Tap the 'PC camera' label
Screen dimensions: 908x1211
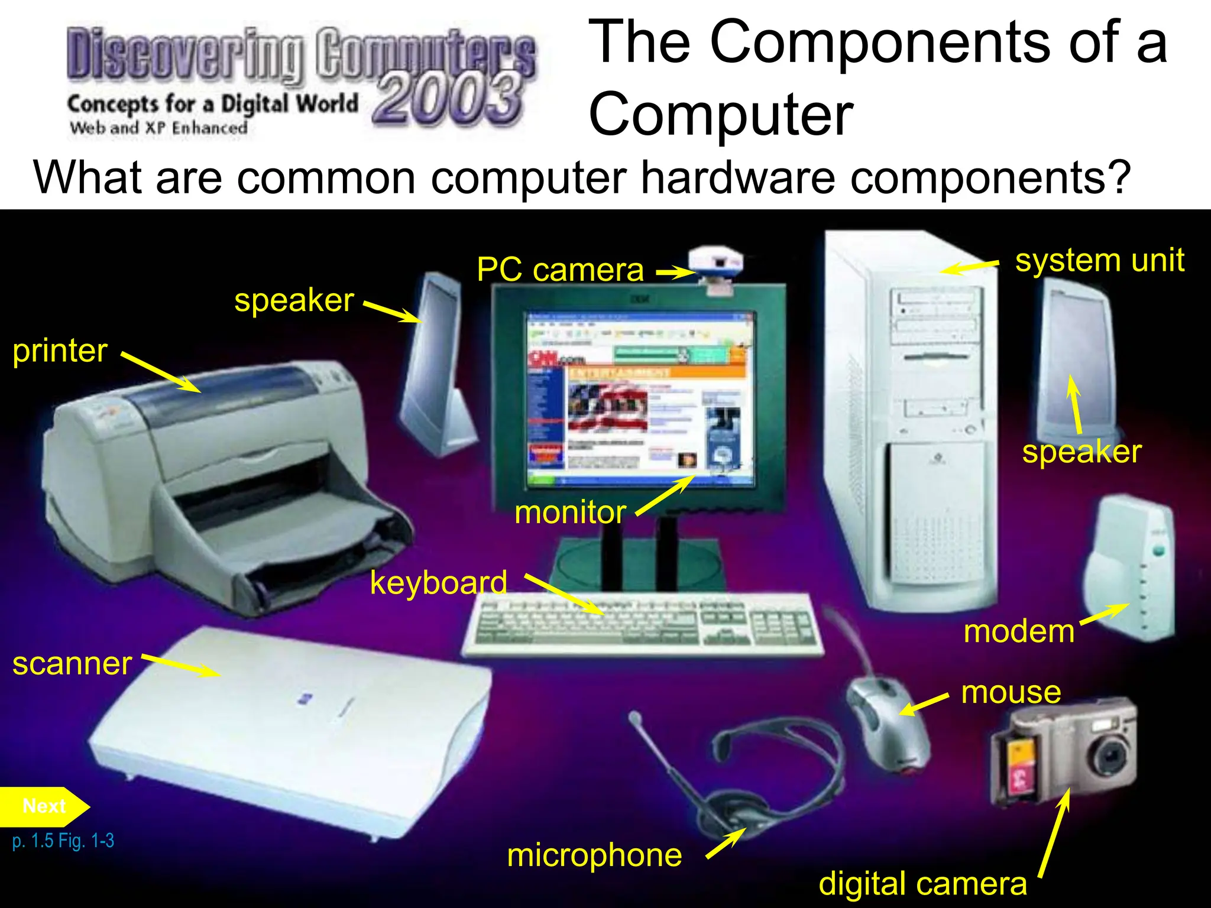tap(560, 270)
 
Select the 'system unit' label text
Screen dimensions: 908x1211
tap(1099, 260)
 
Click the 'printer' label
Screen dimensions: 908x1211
tap(60, 351)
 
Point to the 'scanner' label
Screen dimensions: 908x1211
tap(72, 663)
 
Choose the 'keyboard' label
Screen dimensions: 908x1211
tap(438, 583)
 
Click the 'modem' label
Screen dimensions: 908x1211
tap(1018, 631)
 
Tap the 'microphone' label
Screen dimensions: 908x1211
tap(594, 855)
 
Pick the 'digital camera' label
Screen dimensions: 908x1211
tap(922, 884)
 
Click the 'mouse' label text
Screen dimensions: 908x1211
tap(1011, 692)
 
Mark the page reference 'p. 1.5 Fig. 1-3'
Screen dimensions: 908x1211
tap(63, 841)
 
